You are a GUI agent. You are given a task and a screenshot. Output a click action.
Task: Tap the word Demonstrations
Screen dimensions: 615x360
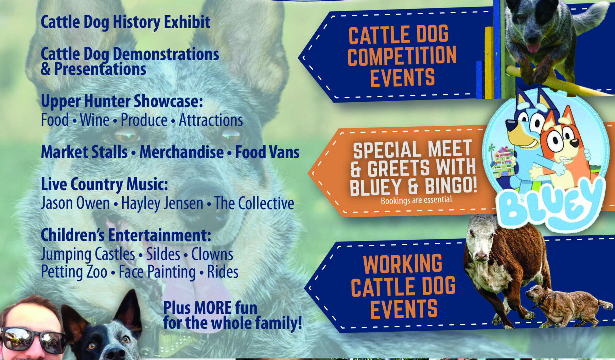point(166,54)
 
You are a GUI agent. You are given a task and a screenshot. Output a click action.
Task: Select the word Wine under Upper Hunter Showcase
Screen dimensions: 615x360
point(94,120)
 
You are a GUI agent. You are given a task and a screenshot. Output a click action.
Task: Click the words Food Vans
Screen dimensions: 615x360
point(267,152)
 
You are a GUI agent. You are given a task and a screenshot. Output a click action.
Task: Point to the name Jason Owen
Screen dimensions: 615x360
point(75,203)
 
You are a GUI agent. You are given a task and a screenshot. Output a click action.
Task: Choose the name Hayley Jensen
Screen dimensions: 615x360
point(162,203)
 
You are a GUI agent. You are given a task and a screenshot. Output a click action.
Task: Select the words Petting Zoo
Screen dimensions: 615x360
point(74,272)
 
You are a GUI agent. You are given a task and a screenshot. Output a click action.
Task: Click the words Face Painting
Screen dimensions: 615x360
point(157,272)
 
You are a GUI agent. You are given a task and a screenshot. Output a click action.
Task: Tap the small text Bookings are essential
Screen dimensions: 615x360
point(416,200)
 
